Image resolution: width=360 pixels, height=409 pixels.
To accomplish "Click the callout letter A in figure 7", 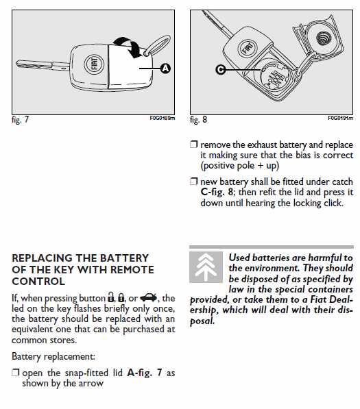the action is pos(165,69).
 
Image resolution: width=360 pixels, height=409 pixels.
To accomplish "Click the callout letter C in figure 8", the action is pos(221,70).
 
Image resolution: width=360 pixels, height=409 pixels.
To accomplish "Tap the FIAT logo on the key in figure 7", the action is pos(94,64).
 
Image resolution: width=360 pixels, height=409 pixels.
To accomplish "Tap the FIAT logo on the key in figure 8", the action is pos(248,48).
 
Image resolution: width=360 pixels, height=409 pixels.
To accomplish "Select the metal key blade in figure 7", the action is pos(43,65).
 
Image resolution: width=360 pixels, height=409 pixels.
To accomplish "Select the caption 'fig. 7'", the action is pos(20,120).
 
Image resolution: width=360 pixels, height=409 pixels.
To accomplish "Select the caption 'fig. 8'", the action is pos(198,120).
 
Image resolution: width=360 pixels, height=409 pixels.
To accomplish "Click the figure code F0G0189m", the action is pos(163,118).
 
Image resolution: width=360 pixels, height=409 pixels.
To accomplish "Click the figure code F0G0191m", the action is pos(341,118).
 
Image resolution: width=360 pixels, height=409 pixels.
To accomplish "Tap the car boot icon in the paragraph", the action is pos(149,297).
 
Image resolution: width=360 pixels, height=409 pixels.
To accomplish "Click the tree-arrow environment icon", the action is pos(206,267).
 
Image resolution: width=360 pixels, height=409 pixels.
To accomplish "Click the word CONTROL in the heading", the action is pos(38,282).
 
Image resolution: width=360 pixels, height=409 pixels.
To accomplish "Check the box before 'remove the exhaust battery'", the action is pos(193,145).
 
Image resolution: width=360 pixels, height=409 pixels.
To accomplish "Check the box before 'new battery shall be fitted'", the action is pos(193,181).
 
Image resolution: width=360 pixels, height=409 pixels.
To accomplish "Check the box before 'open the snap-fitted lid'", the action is pos(15,373).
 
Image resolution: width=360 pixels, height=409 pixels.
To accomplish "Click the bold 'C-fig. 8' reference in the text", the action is pos(217,193).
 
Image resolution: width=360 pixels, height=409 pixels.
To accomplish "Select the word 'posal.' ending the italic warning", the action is pos(202,321).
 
